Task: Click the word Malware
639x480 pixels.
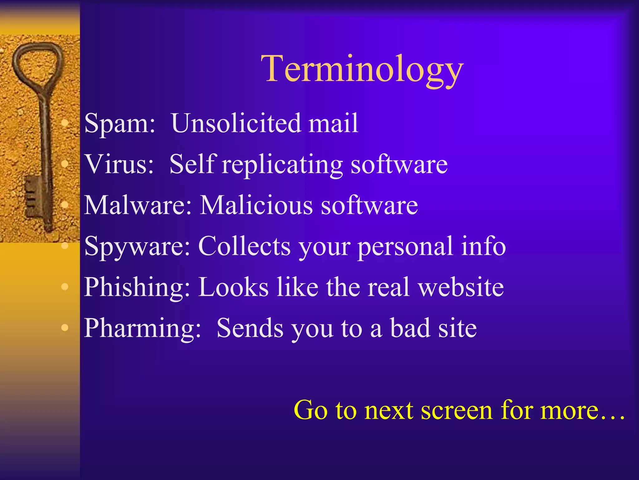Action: click(138, 205)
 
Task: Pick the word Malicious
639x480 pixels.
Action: click(256, 205)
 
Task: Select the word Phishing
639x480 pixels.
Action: click(137, 287)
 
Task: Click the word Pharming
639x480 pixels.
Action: click(142, 328)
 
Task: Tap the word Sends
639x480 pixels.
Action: click(250, 328)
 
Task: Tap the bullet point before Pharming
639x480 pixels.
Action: click(65, 327)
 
